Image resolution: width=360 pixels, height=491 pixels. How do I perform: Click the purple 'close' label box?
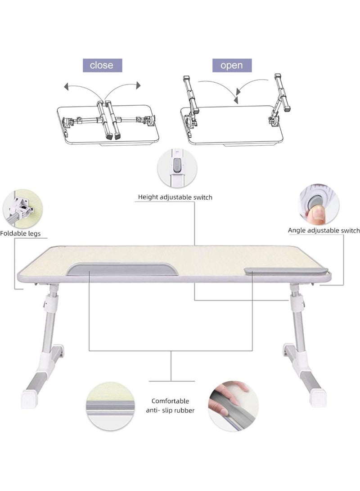click(x=102, y=66)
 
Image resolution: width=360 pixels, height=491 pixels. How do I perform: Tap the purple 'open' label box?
click(x=232, y=66)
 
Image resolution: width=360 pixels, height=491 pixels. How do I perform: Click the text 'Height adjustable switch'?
click(x=175, y=197)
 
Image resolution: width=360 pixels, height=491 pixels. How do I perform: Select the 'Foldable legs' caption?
click(x=20, y=234)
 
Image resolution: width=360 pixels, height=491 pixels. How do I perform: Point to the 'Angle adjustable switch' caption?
click(x=324, y=231)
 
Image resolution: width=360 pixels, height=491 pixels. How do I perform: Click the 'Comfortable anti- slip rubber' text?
click(x=170, y=406)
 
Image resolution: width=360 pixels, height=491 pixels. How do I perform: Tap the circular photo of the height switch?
click(x=177, y=168)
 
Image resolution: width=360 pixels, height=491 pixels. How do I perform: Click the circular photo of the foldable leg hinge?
click(x=22, y=209)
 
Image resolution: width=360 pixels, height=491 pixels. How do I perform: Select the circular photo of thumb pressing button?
click(x=319, y=204)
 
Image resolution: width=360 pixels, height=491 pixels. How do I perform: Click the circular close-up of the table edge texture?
click(x=109, y=406)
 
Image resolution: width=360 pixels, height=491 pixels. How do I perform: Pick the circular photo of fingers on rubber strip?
click(x=234, y=406)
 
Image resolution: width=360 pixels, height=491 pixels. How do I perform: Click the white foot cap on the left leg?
click(x=30, y=399)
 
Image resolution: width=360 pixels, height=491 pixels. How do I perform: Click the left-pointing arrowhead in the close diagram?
click(x=66, y=87)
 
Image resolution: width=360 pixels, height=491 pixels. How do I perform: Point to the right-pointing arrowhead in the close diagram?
click(x=138, y=85)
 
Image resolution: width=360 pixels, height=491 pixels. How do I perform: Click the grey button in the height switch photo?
click(x=177, y=165)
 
